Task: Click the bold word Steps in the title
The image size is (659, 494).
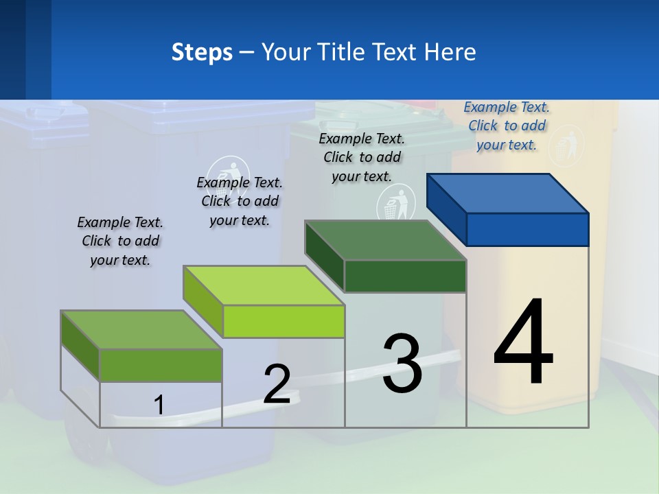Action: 202,52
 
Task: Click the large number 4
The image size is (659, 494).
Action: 523,343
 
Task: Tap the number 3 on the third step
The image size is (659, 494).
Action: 402,364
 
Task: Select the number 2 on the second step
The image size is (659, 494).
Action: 277,384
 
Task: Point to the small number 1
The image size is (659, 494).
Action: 159,405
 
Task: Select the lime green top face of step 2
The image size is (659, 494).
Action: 264,285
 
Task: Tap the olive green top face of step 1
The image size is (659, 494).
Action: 141,330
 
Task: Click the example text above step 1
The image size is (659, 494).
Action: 120,242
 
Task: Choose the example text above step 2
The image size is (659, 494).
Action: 240,201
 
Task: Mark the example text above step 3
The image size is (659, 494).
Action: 362,157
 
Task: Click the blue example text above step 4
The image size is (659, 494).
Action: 507,126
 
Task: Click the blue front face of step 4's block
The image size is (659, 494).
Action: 527,229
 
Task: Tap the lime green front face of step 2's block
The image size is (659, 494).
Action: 284,322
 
